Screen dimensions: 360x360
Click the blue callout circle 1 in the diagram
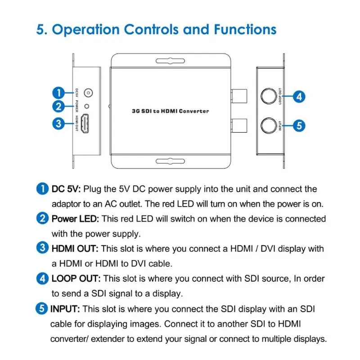tap(58, 93)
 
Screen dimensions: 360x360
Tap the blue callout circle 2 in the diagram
tap(58, 106)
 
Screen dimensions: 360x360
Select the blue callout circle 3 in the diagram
tap(58, 123)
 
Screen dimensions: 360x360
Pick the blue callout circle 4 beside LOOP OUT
tap(299, 97)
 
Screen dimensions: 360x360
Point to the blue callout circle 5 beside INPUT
tap(299, 126)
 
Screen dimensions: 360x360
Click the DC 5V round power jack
tap(88, 93)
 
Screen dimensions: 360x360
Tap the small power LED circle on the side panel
tap(87, 106)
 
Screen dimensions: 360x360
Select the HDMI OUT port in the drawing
tap(85, 123)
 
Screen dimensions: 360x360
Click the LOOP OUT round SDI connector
tap(269, 96)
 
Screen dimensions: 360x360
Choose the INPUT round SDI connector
tap(269, 126)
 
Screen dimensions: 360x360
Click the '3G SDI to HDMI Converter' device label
tap(171, 111)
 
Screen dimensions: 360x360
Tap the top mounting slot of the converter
tap(170, 61)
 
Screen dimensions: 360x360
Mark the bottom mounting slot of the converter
tap(170, 161)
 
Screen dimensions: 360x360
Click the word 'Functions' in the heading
tap(245, 30)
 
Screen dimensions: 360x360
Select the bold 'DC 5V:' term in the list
tap(66, 189)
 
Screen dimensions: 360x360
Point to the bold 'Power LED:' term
tap(75, 219)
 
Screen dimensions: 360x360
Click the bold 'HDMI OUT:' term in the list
tap(75, 249)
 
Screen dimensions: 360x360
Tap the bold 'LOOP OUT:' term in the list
tap(76, 279)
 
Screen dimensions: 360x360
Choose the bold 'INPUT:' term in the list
tap(65, 309)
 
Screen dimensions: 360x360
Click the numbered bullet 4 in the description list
tap(42, 279)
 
